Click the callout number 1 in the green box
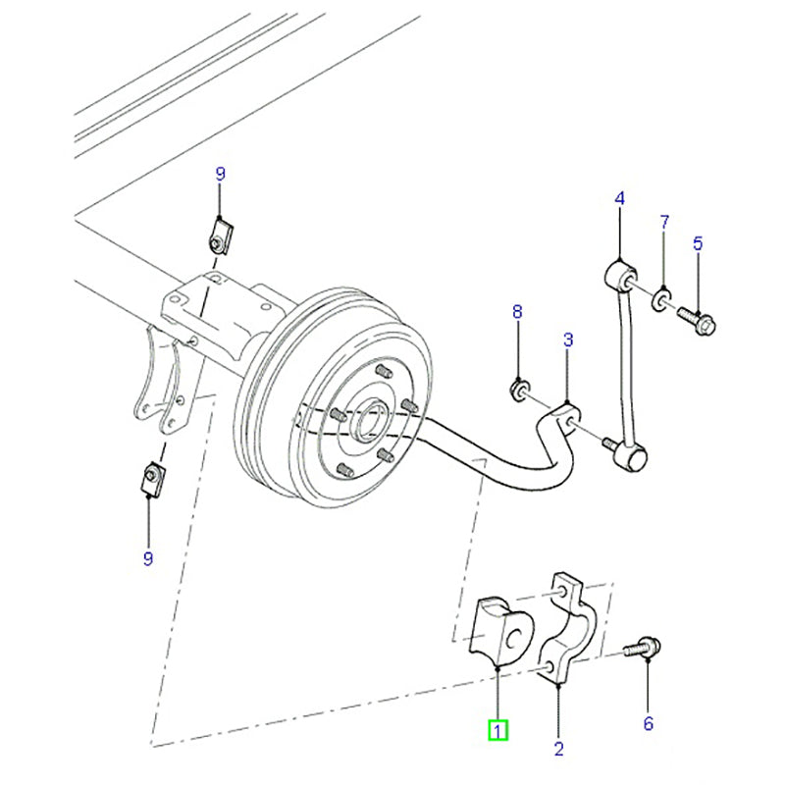[x=498, y=730]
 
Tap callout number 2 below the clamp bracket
[x=558, y=750]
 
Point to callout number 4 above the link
[x=619, y=199]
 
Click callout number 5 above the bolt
[x=699, y=243]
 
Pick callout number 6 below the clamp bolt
[x=648, y=724]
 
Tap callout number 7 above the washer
[x=663, y=222]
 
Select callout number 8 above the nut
[x=517, y=312]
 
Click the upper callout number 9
[x=220, y=174]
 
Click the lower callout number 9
[x=149, y=559]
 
